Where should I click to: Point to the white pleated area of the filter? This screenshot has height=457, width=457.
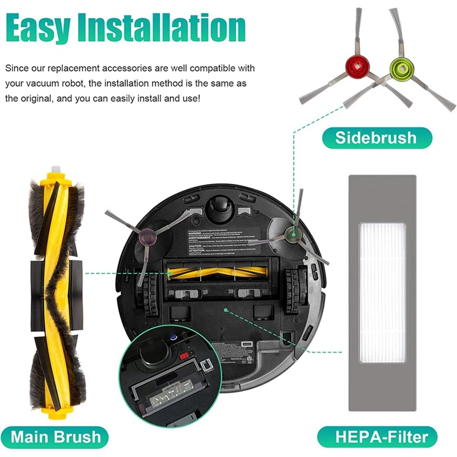point(381,291)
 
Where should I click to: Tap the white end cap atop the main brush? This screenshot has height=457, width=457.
point(55,171)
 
